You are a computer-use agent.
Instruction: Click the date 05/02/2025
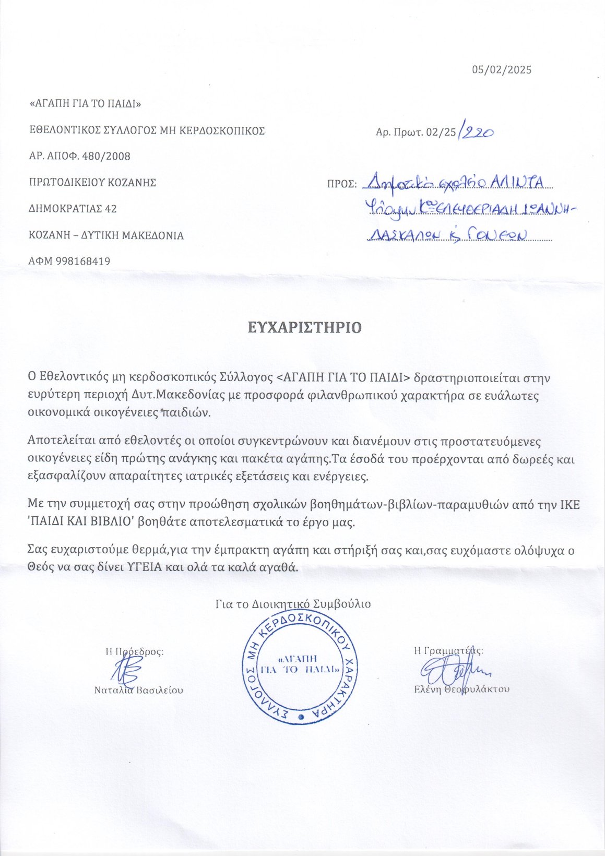502,69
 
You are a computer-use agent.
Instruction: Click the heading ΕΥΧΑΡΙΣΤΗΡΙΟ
304,327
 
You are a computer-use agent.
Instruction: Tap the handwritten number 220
477,133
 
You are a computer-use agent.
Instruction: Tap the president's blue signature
126,669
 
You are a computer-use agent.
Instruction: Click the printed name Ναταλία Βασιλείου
138,690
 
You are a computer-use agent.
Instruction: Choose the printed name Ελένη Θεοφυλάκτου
461,689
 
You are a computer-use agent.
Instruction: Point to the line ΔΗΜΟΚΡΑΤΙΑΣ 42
73,209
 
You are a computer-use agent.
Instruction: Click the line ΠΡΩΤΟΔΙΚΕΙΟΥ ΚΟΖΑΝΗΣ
92,183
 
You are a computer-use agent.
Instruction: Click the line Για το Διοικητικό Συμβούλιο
293,604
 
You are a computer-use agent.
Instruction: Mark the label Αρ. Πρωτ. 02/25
416,133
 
